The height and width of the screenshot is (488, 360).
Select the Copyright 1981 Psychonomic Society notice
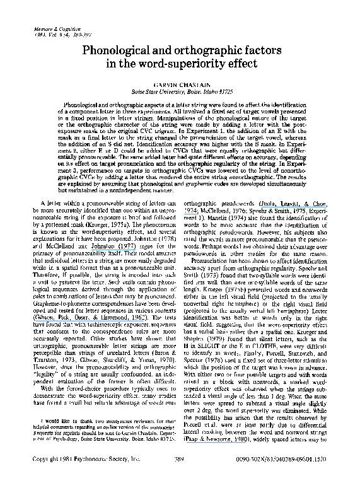[76, 479]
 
